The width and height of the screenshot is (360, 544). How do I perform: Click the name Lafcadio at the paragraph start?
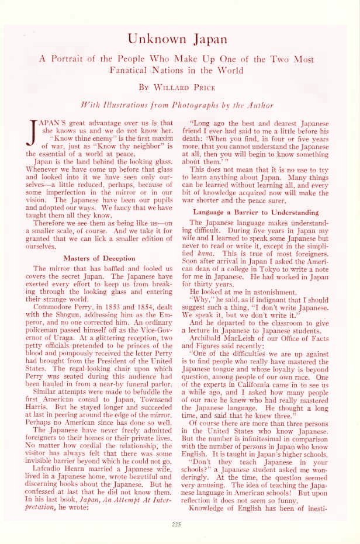coord(51,403)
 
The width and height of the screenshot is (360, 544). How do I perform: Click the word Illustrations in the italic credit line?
coord(121,105)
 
